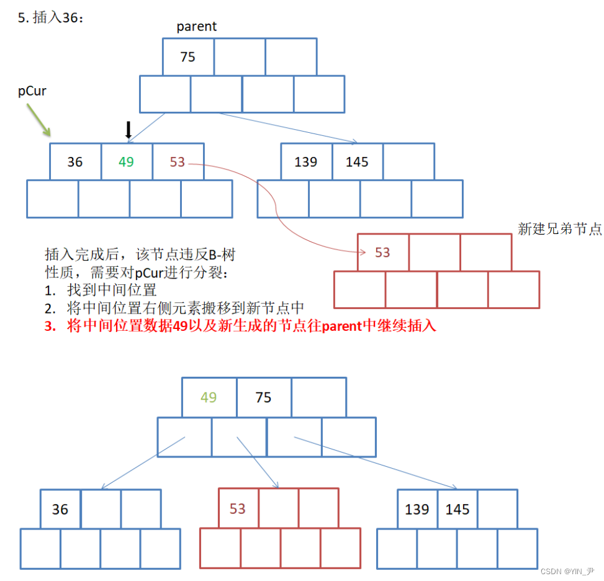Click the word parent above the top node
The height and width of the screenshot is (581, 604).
[197, 26]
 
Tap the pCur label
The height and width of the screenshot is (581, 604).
[32, 91]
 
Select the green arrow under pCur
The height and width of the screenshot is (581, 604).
[38, 120]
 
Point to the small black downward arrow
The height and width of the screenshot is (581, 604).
[128, 130]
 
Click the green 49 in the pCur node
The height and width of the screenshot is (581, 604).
[126, 162]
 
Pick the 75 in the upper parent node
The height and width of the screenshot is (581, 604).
[187, 57]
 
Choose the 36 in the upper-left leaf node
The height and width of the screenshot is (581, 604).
[75, 162]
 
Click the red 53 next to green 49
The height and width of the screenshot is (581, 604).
[178, 162]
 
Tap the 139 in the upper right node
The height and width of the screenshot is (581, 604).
[305, 162]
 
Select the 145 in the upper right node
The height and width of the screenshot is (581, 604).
[357, 162]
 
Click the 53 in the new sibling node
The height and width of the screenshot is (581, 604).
[382, 253]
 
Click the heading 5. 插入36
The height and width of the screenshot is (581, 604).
[50, 18]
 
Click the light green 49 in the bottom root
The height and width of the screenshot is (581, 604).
[209, 397]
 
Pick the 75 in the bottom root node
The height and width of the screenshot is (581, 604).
[263, 397]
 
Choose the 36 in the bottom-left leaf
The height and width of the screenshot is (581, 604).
[60, 510]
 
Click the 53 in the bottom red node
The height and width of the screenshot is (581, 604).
[238, 510]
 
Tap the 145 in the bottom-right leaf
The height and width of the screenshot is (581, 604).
[458, 510]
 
